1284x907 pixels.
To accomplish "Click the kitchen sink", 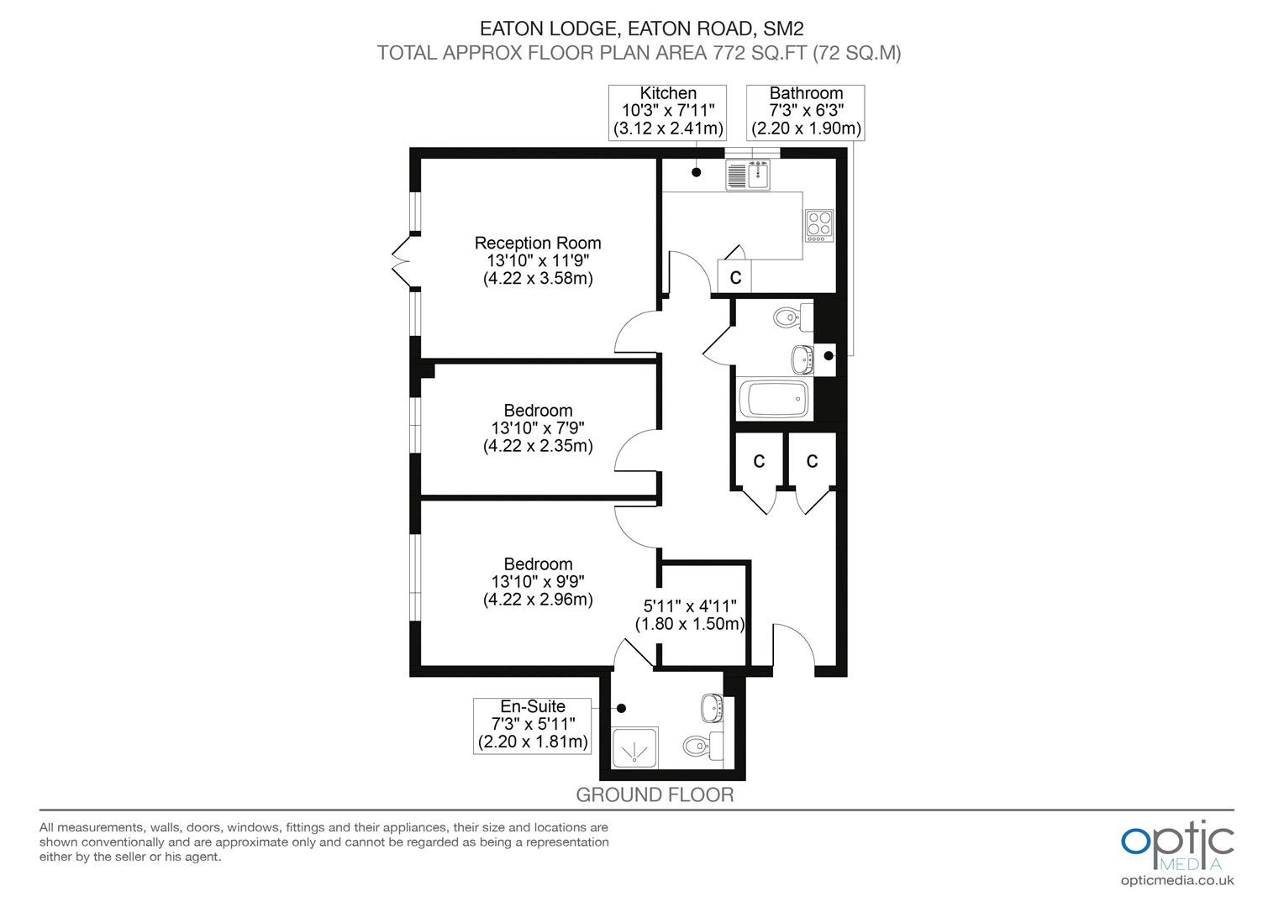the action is pyautogui.click(x=748, y=174).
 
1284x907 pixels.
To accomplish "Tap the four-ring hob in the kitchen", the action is pyautogui.click(x=819, y=225).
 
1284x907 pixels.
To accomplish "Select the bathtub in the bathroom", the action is pyautogui.click(x=775, y=398).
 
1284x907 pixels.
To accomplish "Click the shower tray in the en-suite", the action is pyautogui.click(x=635, y=747).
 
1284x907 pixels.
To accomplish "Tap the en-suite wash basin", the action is pyautogui.click(x=712, y=709).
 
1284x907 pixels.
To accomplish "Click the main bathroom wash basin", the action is pyautogui.click(x=802, y=359).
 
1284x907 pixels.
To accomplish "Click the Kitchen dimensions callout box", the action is pyautogui.click(x=667, y=113).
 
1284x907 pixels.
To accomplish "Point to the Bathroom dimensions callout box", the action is pyautogui.click(x=805, y=113).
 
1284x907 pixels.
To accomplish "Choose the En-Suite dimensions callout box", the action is pyautogui.click(x=533, y=726).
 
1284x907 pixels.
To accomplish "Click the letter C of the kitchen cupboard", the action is pyautogui.click(x=735, y=277).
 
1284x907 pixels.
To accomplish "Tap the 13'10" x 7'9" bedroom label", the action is pyautogui.click(x=538, y=428).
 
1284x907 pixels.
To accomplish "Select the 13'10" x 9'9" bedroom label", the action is pyautogui.click(x=538, y=581).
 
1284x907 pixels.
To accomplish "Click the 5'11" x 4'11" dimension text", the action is pyautogui.click(x=690, y=615).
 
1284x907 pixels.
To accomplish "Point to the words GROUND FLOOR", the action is pyautogui.click(x=655, y=794).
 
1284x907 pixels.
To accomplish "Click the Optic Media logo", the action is pyautogui.click(x=1177, y=853).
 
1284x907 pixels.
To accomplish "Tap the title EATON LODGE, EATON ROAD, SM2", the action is pyautogui.click(x=641, y=28).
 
